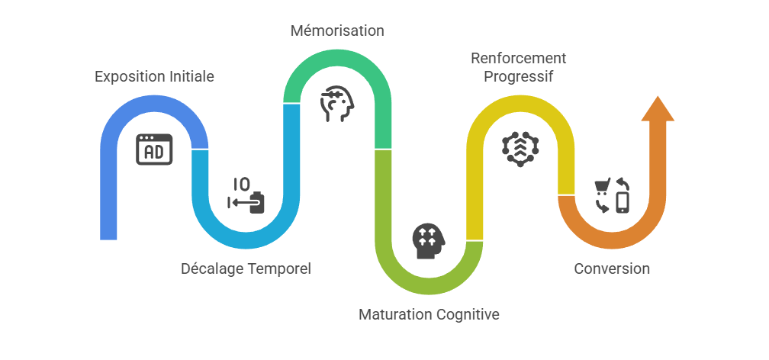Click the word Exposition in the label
(130, 77)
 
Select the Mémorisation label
(337, 31)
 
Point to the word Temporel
(279, 268)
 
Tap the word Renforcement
(519, 59)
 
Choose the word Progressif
(519, 77)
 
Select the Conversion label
(612, 268)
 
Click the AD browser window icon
(154, 149)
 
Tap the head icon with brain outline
(337, 104)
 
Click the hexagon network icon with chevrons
(520, 149)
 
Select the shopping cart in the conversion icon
(601, 187)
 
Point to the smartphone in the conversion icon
(623, 203)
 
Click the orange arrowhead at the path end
(658, 108)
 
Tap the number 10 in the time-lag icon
(241, 185)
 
